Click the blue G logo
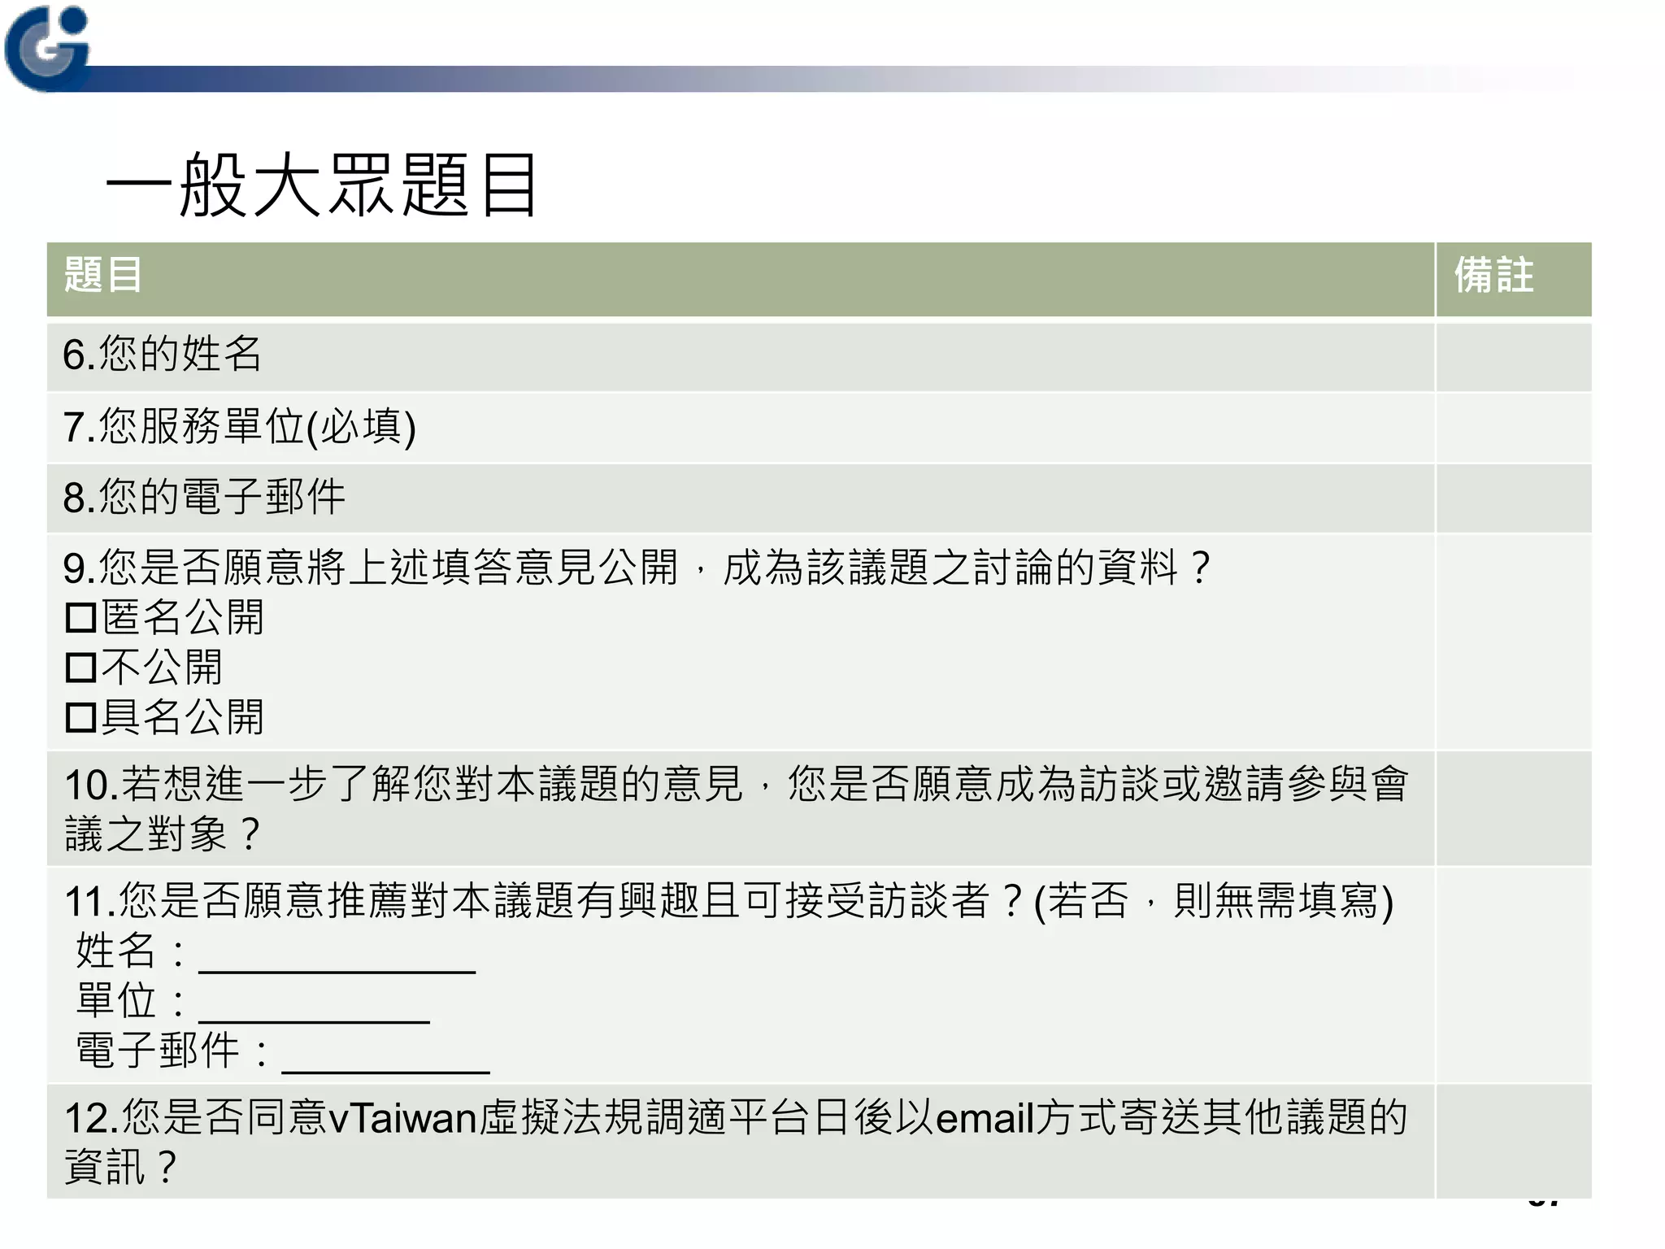point(46,48)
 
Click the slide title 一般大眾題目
point(321,185)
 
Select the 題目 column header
point(103,275)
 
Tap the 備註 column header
point(1493,275)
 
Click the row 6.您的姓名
point(163,355)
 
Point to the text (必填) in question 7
point(361,427)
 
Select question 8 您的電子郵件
point(204,497)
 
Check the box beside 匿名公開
point(80,618)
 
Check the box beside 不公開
point(80,668)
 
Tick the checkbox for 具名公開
point(80,718)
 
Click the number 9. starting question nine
point(79,568)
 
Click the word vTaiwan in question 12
point(402,1118)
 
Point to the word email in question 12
point(984,1118)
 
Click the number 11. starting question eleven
point(89,902)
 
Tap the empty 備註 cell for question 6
point(1513,356)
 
